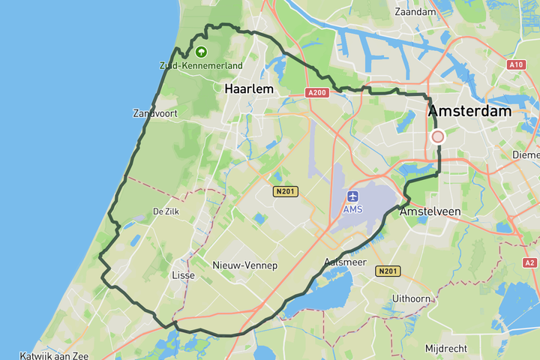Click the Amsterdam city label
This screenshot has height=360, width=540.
click(x=469, y=111)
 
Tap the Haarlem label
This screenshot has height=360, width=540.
click(x=248, y=88)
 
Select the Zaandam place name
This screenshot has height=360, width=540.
click(x=415, y=12)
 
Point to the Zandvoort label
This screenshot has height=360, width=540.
click(x=154, y=113)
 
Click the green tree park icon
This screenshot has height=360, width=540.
click(x=201, y=52)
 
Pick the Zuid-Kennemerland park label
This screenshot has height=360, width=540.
click(x=201, y=66)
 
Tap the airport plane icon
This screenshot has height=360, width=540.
click(x=352, y=196)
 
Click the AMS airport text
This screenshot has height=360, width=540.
click(x=352, y=209)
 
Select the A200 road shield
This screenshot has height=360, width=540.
click(x=318, y=92)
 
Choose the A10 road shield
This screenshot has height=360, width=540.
click(x=515, y=64)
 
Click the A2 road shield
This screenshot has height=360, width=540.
click(x=530, y=262)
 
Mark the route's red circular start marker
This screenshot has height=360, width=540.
click(x=437, y=136)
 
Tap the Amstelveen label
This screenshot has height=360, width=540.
click(x=430, y=212)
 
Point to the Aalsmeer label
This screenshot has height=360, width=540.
click(x=345, y=262)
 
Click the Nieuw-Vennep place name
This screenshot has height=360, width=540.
click(x=244, y=266)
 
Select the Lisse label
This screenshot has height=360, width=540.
click(x=183, y=275)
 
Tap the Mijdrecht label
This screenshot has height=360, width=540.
click(x=445, y=349)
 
